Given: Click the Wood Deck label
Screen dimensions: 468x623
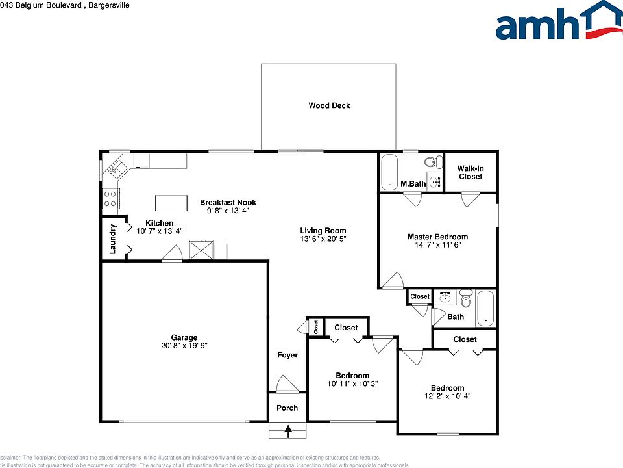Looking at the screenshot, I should pyautogui.click(x=329, y=105).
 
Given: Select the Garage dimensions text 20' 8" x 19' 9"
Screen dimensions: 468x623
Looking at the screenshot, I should pyautogui.click(x=184, y=346).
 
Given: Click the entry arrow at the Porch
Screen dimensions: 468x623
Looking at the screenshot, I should pyautogui.click(x=287, y=430).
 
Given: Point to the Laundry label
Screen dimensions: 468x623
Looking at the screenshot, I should pyautogui.click(x=112, y=239).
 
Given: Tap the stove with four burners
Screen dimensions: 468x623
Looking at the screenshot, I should pyautogui.click(x=110, y=198).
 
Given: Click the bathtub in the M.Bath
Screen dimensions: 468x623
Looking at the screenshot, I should pyautogui.click(x=389, y=172).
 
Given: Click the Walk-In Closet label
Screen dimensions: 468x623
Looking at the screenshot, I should pyautogui.click(x=470, y=172).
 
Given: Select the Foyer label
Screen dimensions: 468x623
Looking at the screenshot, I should pyautogui.click(x=287, y=355).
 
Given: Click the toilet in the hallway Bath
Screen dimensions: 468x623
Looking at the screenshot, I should pyautogui.click(x=465, y=300).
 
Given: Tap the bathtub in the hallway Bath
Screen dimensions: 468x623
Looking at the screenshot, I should pyautogui.click(x=486, y=308).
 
